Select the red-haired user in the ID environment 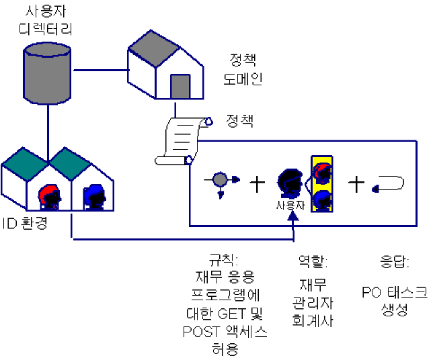(49, 197)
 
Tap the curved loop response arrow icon (390, 182)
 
